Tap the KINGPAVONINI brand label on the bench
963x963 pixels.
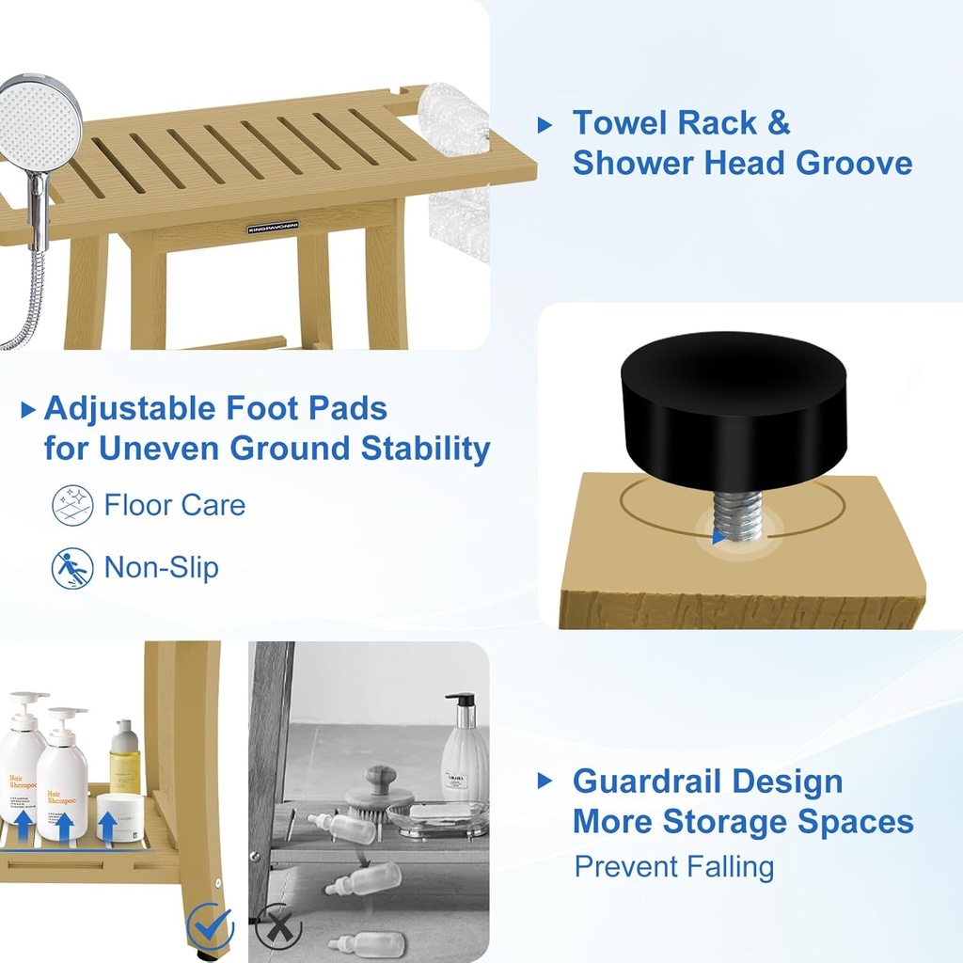click(273, 229)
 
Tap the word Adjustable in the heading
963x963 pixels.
click(130, 409)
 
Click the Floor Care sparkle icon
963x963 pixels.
click(72, 505)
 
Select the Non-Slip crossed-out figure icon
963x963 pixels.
click(72, 568)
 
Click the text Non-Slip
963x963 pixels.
click(161, 568)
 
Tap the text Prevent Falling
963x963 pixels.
click(673, 866)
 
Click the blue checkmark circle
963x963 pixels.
click(209, 926)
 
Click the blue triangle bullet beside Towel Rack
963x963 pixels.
click(545, 124)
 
